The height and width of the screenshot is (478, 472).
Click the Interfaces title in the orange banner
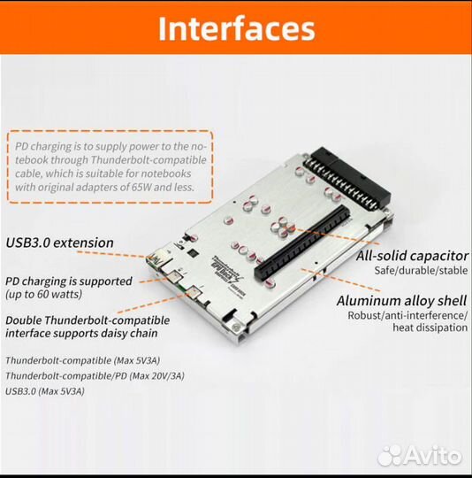coord(237,28)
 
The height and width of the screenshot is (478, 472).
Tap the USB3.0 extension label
coord(59,243)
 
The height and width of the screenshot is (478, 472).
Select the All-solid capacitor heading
coord(412,256)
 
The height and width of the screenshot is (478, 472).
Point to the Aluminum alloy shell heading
coord(401,301)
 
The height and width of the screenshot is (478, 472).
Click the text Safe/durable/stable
coord(421,270)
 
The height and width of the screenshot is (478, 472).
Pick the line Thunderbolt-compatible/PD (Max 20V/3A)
coord(95,375)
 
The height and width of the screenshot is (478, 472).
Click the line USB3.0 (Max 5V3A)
coord(45,391)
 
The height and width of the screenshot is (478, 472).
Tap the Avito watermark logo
coord(420,456)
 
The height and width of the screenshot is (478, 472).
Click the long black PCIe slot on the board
coord(302,243)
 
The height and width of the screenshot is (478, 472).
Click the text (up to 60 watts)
coord(44,294)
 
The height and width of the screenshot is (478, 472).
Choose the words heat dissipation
coord(430,328)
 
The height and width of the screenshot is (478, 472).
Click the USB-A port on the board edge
coord(156,259)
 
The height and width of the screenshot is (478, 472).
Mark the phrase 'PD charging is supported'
coord(69,281)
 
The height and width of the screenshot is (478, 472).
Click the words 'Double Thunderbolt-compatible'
coord(88,320)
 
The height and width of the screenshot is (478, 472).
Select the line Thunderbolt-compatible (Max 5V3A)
coord(83,360)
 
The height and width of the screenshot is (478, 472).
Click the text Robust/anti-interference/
coord(407,315)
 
